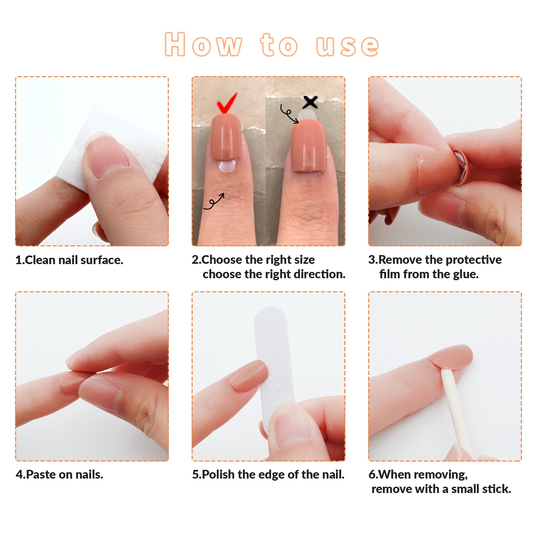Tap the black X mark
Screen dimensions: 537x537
point(310,102)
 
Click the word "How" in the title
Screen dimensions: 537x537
point(203,44)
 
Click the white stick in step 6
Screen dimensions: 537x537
point(456,413)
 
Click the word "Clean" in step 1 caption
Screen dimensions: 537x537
point(40,260)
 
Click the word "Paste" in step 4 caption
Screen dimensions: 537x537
point(41,475)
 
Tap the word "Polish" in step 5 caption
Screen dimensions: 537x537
point(218,475)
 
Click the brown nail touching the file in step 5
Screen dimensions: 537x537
point(248,376)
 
